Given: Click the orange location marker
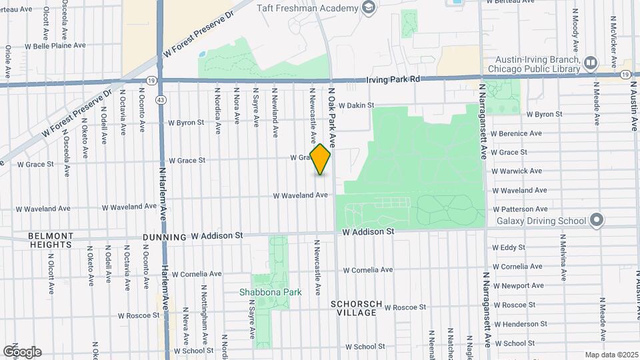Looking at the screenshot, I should coord(321,159).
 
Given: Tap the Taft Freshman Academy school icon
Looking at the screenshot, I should coord(368,7).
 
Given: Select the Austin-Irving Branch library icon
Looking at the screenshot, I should coord(590,63).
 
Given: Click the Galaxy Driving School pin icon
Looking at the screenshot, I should coord(597,220).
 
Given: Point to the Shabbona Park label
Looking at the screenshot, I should coord(271,292).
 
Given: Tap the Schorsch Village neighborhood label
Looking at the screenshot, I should coord(357,308).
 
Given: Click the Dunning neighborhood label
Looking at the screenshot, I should coord(164,237).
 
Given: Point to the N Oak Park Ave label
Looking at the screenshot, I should coord(331,117).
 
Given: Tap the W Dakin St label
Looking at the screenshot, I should coord(357,105).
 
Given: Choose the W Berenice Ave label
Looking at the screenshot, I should coord(516,133).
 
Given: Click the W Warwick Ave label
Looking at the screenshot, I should coord(517,171).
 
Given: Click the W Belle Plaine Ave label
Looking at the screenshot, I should coord(55,47).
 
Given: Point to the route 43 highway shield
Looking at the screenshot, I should coord(161,99).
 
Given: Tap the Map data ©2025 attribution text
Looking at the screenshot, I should coord(611,355).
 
